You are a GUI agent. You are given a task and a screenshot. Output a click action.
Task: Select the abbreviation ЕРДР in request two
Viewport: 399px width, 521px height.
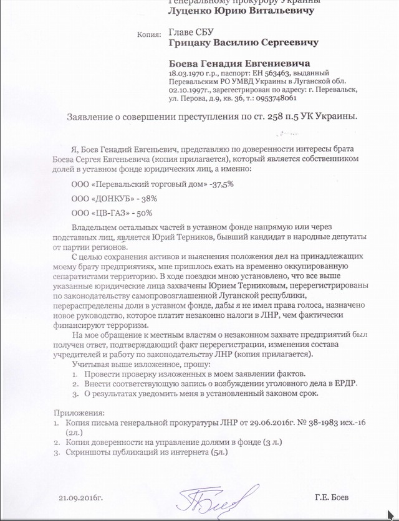point(342,383)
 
